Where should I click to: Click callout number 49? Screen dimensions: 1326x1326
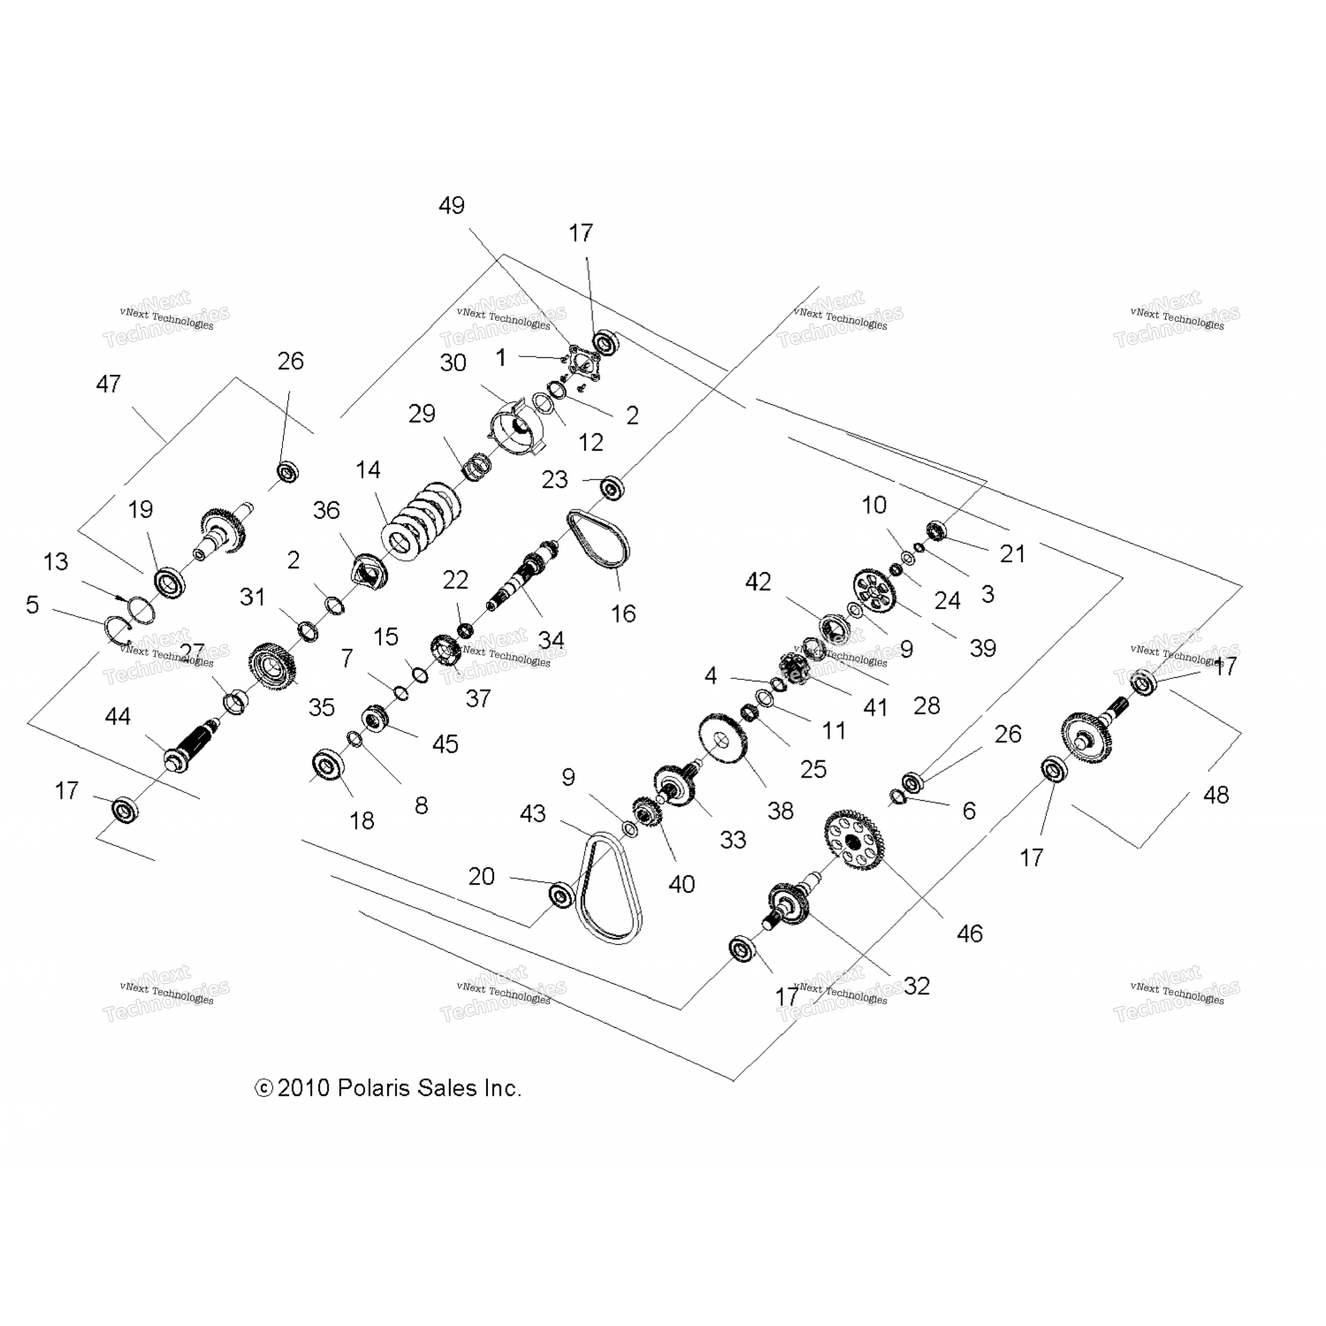(451, 206)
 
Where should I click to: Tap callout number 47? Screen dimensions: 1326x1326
(108, 385)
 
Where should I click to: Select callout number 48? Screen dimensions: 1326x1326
(1215, 796)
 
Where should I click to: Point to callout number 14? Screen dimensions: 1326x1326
(368, 469)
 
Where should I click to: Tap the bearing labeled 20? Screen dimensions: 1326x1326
(560, 895)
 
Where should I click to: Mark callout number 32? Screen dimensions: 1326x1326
(917, 987)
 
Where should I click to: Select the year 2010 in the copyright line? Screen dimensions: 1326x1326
(304, 1088)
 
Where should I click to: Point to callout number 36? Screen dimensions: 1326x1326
(326, 510)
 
